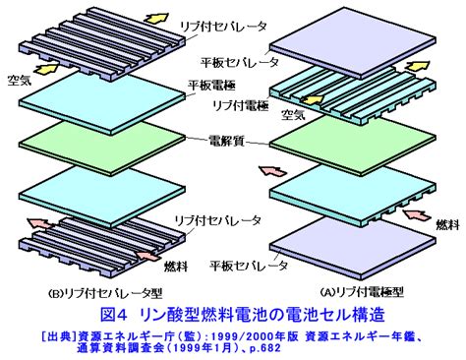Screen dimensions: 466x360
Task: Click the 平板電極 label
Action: point(211,86)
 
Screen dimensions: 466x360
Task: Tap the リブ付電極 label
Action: point(241,105)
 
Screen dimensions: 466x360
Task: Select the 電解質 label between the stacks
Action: point(227,142)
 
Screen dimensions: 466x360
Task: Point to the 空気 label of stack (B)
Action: point(20,80)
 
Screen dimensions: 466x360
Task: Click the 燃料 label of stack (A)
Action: point(447,225)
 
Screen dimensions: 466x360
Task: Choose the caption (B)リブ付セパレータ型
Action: point(105,293)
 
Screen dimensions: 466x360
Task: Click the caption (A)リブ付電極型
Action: point(362,291)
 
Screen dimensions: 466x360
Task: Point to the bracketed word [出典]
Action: point(59,336)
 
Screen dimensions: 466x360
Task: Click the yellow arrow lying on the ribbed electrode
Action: point(313,99)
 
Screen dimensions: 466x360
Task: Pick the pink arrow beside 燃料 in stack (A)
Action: point(417,214)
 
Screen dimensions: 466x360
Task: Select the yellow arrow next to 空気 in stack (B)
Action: point(47,69)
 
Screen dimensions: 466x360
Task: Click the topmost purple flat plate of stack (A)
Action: point(353,42)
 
